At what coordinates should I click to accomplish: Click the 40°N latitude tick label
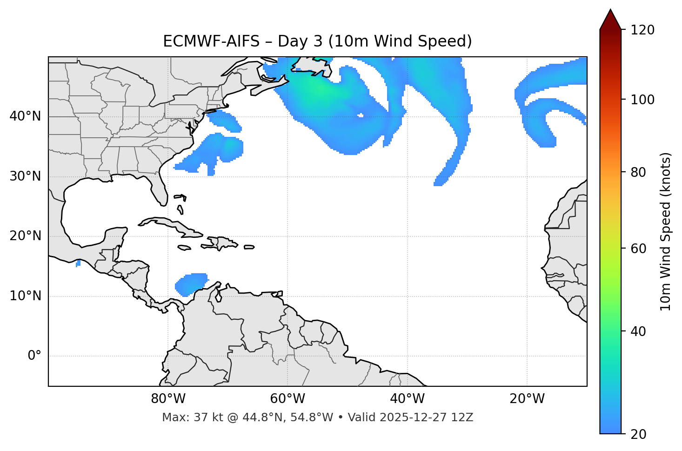(25, 116)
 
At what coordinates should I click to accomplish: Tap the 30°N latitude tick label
(25, 176)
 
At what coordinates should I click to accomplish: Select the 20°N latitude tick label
(25, 236)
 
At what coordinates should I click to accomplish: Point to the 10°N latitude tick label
(25, 296)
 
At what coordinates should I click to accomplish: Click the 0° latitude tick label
(34, 356)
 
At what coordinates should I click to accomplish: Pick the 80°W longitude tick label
(168, 399)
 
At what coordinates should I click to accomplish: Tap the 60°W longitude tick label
(288, 399)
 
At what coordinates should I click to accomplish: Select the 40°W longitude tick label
(407, 399)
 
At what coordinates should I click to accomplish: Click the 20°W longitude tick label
(527, 399)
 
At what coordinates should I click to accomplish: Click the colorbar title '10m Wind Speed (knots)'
(666, 231)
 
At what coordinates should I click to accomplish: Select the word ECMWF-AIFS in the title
(211, 41)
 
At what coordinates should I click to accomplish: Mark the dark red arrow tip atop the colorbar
(610, 19)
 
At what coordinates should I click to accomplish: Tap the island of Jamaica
(184, 248)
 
